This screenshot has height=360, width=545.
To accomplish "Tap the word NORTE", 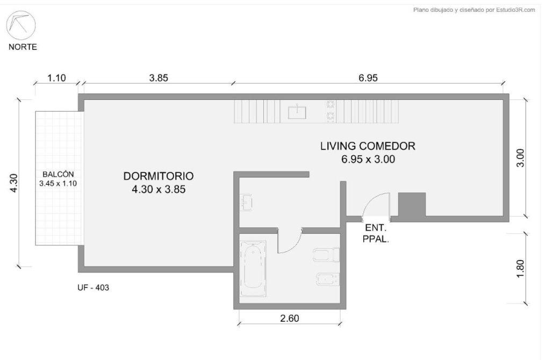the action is tap(23, 47).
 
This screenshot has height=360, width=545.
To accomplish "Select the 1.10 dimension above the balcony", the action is tap(56, 78).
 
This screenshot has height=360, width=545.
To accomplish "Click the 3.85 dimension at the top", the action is tap(159, 78).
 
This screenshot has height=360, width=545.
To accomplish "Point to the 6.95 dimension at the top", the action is tap(368, 78).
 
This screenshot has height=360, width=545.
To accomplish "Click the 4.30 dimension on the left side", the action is tap(13, 183).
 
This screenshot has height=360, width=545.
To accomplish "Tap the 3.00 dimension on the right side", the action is tap(520, 158).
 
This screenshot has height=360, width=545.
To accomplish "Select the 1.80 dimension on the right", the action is tap(520, 269).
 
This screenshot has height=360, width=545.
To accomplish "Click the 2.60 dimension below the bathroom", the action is tap(290, 318).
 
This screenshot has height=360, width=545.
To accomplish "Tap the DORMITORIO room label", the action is tap(159, 176).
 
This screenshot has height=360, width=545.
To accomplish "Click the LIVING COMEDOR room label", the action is tap(368, 146).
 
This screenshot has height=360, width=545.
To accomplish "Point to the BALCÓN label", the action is tap(58, 175).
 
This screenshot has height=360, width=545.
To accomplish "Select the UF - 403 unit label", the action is tap(93, 287).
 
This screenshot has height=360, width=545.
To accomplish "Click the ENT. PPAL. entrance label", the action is tap(376, 234).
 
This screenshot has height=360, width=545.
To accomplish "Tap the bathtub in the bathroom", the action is tap(253, 268).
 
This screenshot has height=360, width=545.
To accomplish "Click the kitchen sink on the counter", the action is tap(297, 112).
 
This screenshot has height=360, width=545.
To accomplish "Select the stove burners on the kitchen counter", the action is tap(330, 111).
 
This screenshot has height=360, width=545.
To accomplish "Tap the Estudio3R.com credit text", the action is tap(474, 10).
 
